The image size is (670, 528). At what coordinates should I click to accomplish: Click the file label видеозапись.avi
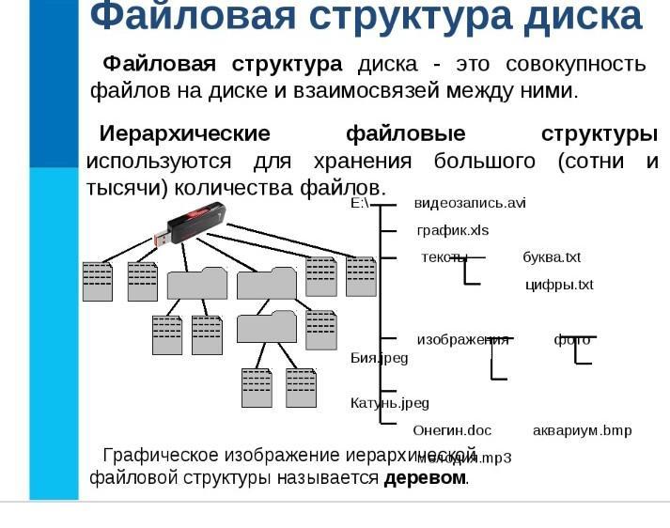pyautogui.click(x=470, y=203)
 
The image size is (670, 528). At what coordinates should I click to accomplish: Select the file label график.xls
pyautogui.click(x=453, y=230)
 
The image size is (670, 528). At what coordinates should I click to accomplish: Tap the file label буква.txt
pyautogui.click(x=552, y=257)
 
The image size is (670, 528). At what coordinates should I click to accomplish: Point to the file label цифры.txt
pyautogui.click(x=559, y=285)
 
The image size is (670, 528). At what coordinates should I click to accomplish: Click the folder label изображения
pyautogui.click(x=462, y=340)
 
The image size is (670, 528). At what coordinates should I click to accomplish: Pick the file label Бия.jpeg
pyautogui.click(x=380, y=358)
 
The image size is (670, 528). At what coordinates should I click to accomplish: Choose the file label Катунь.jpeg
pyautogui.click(x=390, y=403)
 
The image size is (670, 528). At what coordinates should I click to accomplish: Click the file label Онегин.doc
pyautogui.click(x=452, y=430)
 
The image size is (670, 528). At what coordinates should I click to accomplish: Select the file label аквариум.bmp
pyautogui.click(x=582, y=430)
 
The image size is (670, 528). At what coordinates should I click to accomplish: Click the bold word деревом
pyautogui.click(x=425, y=477)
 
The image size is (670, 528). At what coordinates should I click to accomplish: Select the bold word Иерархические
pyautogui.click(x=184, y=133)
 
